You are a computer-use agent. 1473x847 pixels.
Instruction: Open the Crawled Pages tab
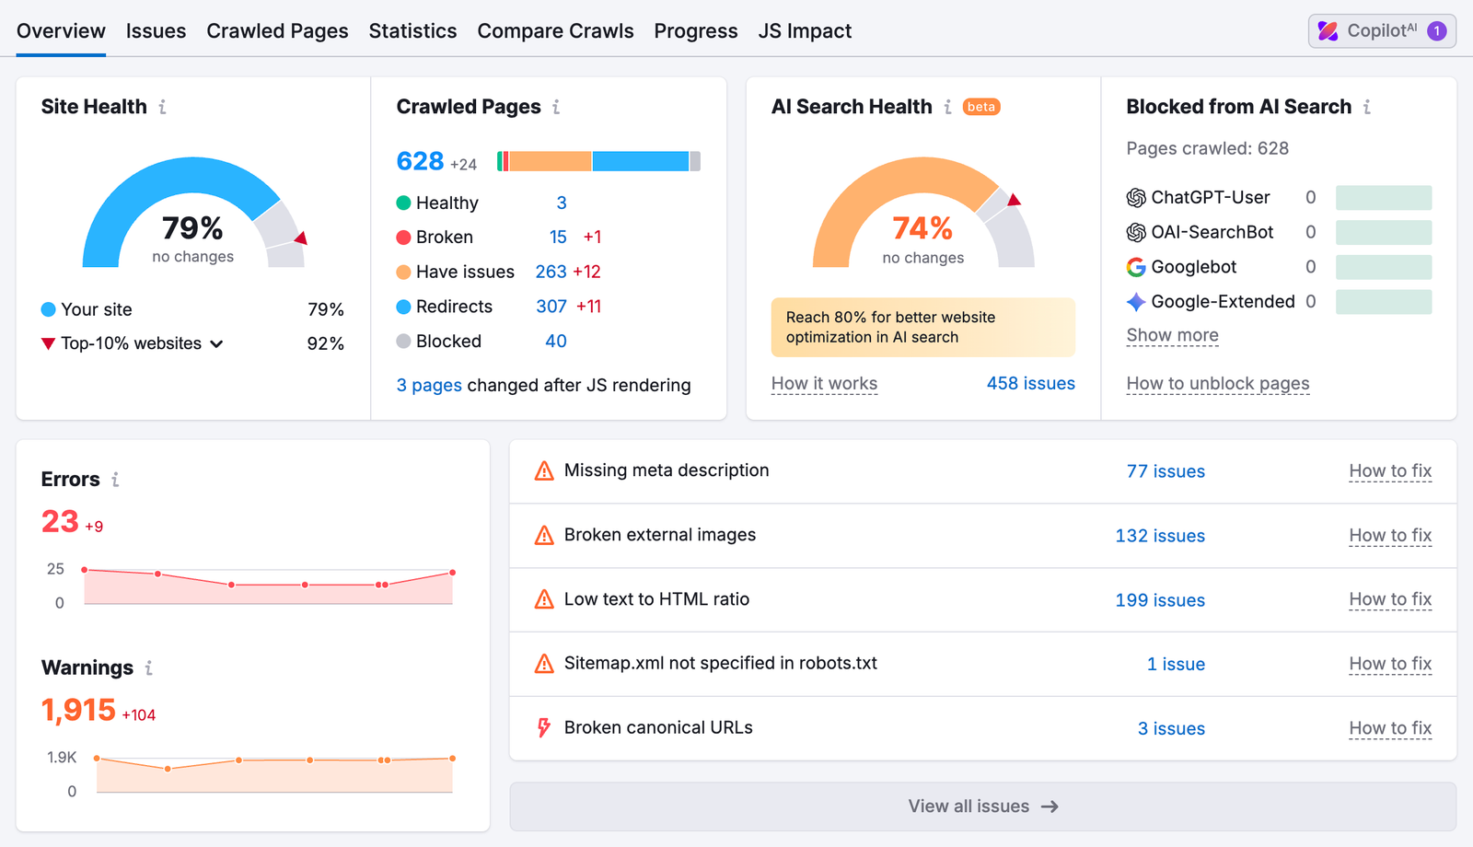click(277, 31)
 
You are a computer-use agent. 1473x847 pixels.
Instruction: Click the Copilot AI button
click(1381, 31)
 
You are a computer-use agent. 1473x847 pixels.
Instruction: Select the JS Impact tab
click(804, 31)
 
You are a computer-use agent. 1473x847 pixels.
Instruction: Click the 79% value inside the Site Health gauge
click(192, 227)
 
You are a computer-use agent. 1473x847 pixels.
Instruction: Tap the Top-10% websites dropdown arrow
click(217, 344)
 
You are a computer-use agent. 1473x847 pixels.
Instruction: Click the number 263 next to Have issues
click(551, 272)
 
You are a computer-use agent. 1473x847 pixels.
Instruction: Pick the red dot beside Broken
click(403, 238)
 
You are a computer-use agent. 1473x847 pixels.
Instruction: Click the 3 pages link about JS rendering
click(429, 385)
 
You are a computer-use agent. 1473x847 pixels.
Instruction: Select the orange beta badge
click(981, 107)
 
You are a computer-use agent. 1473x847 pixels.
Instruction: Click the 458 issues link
click(1030, 383)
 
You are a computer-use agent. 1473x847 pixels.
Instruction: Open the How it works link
click(824, 383)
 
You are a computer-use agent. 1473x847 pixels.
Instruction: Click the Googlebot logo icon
click(1136, 267)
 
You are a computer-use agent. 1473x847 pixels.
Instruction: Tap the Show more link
click(1172, 335)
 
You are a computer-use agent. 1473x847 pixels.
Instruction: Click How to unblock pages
click(1217, 383)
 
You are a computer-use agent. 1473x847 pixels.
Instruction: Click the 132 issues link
click(1159, 536)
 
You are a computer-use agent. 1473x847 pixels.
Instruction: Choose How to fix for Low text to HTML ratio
click(1389, 599)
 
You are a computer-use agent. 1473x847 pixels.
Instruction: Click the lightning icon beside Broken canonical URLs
click(544, 728)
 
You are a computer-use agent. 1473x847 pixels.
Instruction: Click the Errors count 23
click(60, 522)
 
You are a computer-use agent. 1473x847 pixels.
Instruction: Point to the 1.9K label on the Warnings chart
click(62, 757)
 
